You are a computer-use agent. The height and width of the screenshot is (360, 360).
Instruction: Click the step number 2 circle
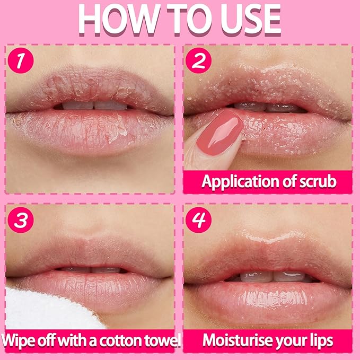[199, 60]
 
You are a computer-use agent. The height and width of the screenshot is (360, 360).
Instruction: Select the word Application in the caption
[239, 182]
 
